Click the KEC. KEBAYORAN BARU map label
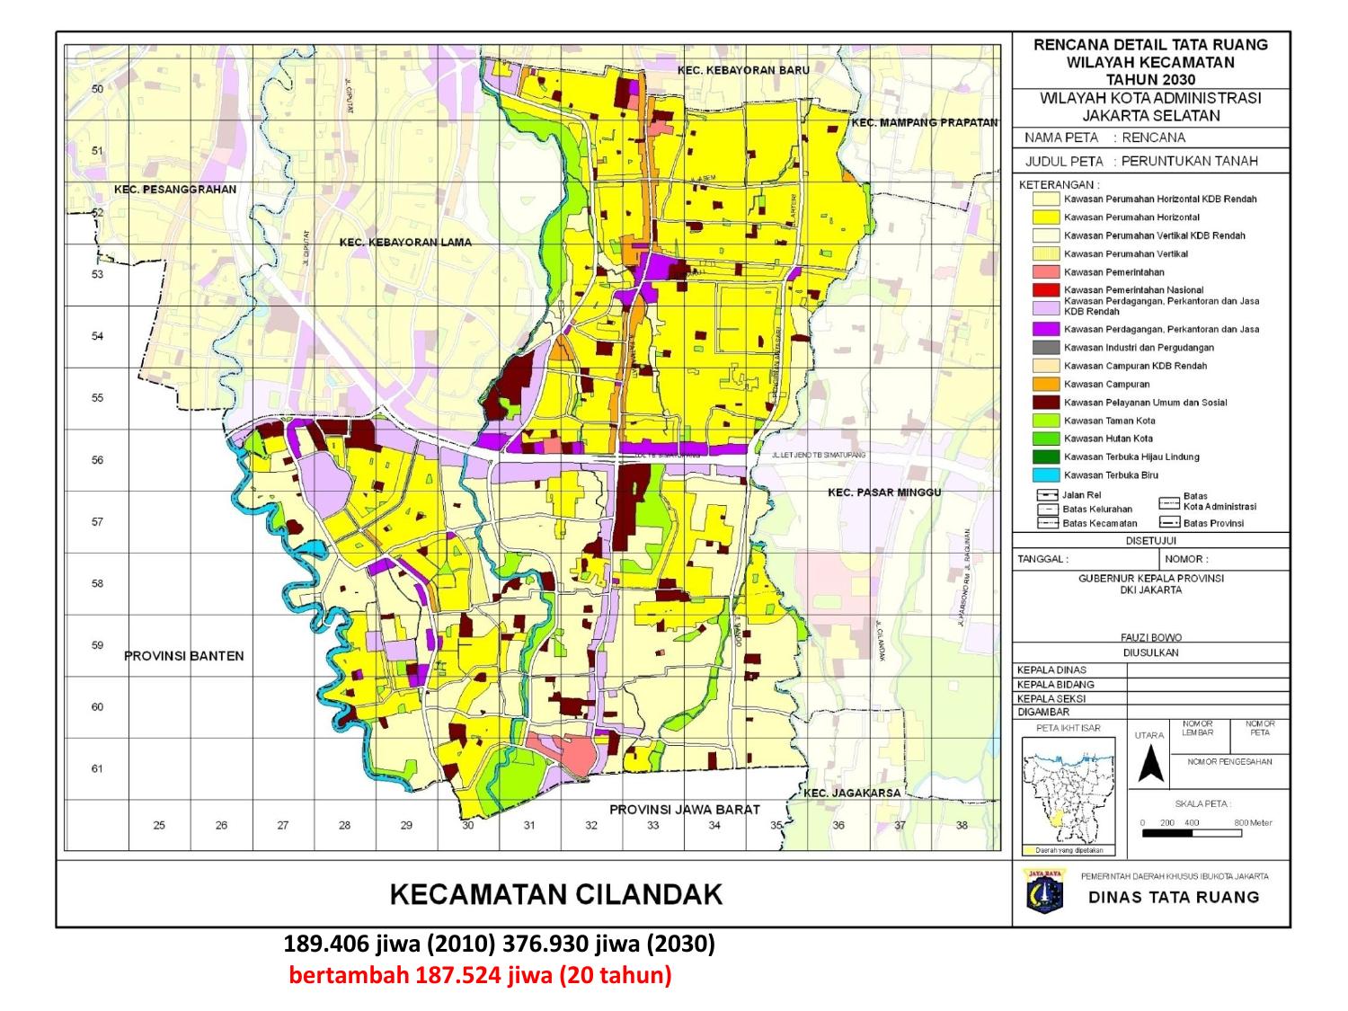pos(743,70)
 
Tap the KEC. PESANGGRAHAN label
pos(175,190)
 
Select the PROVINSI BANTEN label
pos(183,656)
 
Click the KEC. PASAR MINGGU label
pos(884,492)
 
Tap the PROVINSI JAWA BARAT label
pos(685,810)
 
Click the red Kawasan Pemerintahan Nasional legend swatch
pos(1045,290)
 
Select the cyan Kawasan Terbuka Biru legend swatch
pos(1045,475)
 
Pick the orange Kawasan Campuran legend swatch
pos(1045,384)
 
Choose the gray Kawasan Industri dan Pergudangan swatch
pos(1045,347)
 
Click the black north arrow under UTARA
pos(1152,766)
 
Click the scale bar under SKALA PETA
pos(1192,833)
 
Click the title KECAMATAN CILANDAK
pos(556,894)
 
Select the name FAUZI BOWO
pos(1150,637)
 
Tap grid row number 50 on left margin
pos(98,89)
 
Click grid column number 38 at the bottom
pos(962,825)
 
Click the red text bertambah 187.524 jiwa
pos(480,976)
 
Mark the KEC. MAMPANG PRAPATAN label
pos(925,122)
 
